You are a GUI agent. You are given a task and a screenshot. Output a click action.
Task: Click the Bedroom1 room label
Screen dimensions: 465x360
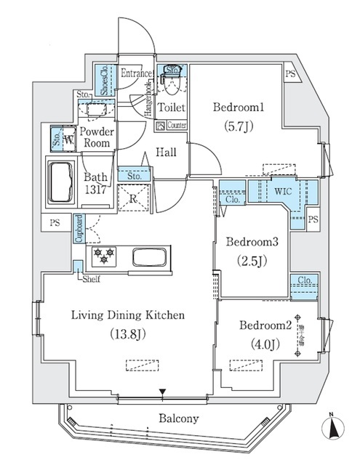[x=237, y=108]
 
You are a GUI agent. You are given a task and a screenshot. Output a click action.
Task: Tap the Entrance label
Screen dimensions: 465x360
[x=135, y=74]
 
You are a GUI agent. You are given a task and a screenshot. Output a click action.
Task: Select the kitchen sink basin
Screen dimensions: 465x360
[x=151, y=258]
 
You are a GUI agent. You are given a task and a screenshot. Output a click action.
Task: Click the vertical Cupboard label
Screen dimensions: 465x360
[x=78, y=230]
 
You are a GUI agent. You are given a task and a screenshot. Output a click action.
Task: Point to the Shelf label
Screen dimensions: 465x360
[x=90, y=278]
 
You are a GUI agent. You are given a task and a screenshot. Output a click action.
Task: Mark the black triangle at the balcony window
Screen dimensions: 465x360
[x=163, y=395]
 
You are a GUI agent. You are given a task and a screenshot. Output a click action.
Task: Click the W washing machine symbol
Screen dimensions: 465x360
[x=68, y=138]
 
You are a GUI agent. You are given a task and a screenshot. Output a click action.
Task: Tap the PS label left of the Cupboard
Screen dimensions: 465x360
[x=55, y=224]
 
